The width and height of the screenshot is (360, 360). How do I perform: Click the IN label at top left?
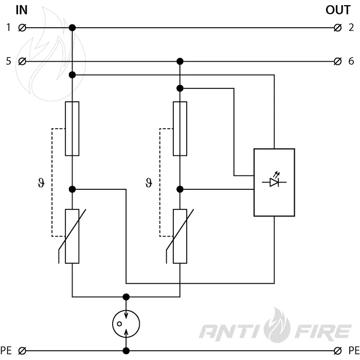(22, 10)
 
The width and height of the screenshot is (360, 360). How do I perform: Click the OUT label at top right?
(338, 10)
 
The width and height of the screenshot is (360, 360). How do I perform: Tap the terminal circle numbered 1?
(22, 28)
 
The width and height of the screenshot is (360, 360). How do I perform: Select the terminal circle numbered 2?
(337, 28)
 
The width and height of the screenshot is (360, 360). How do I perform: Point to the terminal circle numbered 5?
(22, 61)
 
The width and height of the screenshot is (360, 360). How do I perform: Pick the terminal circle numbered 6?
(337, 61)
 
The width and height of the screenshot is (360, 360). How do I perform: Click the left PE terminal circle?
(22, 351)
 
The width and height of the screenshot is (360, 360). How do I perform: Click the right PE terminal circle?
(337, 351)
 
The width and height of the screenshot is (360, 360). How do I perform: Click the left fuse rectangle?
(72, 129)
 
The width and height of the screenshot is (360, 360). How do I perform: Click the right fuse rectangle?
(180, 129)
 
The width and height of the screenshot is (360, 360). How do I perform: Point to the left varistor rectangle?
(72, 236)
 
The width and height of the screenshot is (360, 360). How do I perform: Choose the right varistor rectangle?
(180, 236)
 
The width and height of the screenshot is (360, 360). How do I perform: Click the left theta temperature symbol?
(41, 183)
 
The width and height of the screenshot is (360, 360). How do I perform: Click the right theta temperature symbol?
(149, 183)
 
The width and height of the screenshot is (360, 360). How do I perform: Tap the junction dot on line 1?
(73, 28)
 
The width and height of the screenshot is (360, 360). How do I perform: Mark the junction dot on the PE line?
(126, 351)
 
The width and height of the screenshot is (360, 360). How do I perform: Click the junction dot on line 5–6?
(180, 61)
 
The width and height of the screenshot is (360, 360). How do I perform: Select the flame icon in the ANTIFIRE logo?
(277, 326)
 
